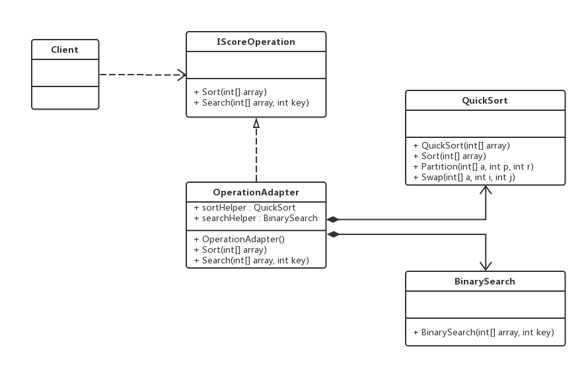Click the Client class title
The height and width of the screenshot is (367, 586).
click(x=65, y=50)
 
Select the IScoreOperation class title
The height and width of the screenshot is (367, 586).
click(x=256, y=42)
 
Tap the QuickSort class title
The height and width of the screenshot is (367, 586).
click(x=485, y=100)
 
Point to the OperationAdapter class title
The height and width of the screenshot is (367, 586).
click(x=256, y=192)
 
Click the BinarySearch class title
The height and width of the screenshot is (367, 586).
click(x=485, y=281)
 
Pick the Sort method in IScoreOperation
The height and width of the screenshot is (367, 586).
click(x=230, y=92)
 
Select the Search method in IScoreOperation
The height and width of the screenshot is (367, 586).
click(x=252, y=102)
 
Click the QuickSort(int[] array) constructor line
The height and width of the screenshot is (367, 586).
click(x=462, y=146)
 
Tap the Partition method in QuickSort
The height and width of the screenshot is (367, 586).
click(x=474, y=166)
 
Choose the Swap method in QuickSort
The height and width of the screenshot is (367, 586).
click(x=464, y=177)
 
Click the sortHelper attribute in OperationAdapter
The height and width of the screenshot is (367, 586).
click(x=245, y=207)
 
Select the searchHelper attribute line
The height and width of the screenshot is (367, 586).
click(x=256, y=218)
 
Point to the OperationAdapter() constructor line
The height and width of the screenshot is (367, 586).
click(x=239, y=240)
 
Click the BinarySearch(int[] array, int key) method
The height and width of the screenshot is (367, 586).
click(x=484, y=332)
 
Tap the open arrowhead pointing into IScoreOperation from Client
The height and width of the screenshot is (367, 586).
click(x=182, y=75)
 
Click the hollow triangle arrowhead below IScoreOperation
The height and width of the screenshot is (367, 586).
click(x=256, y=123)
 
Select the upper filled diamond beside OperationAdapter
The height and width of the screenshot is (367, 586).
click(x=332, y=220)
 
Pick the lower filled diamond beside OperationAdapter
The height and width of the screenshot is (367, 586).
click(x=334, y=234)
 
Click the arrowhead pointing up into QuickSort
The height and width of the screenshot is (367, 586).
click(x=486, y=189)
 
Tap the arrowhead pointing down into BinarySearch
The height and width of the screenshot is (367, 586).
click(x=486, y=266)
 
